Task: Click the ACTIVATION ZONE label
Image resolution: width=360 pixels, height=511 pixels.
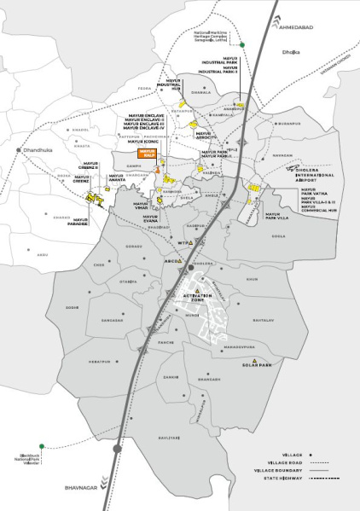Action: click(x=198, y=298)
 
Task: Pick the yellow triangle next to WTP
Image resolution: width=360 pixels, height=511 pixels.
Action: click(x=192, y=242)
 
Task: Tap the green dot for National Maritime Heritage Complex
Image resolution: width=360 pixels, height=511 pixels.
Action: click(x=241, y=44)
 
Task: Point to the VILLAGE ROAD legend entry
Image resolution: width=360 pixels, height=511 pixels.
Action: click(x=278, y=462)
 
